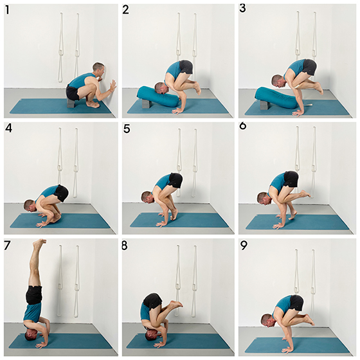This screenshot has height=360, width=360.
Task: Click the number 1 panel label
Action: click(7, 10)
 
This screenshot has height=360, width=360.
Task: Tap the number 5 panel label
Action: click(127, 129)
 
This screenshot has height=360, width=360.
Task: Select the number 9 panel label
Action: click(244, 246)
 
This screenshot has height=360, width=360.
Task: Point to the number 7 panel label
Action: click(7, 246)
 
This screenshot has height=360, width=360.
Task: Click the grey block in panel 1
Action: click(70, 104)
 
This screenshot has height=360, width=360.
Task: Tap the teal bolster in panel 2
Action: click(158, 96)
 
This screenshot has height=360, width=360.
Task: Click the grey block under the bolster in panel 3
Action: click(264, 105)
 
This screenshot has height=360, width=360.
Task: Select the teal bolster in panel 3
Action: click(276, 98)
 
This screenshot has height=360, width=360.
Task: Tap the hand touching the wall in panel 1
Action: click(113, 86)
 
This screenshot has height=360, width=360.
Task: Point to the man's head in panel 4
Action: click(30, 206)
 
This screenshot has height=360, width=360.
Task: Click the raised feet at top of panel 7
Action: click(39, 244)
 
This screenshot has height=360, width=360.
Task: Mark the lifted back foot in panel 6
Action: click(305, 194)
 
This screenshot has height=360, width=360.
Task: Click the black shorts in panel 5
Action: click(176, 181)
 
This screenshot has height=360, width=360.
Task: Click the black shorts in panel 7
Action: click(34, 295)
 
